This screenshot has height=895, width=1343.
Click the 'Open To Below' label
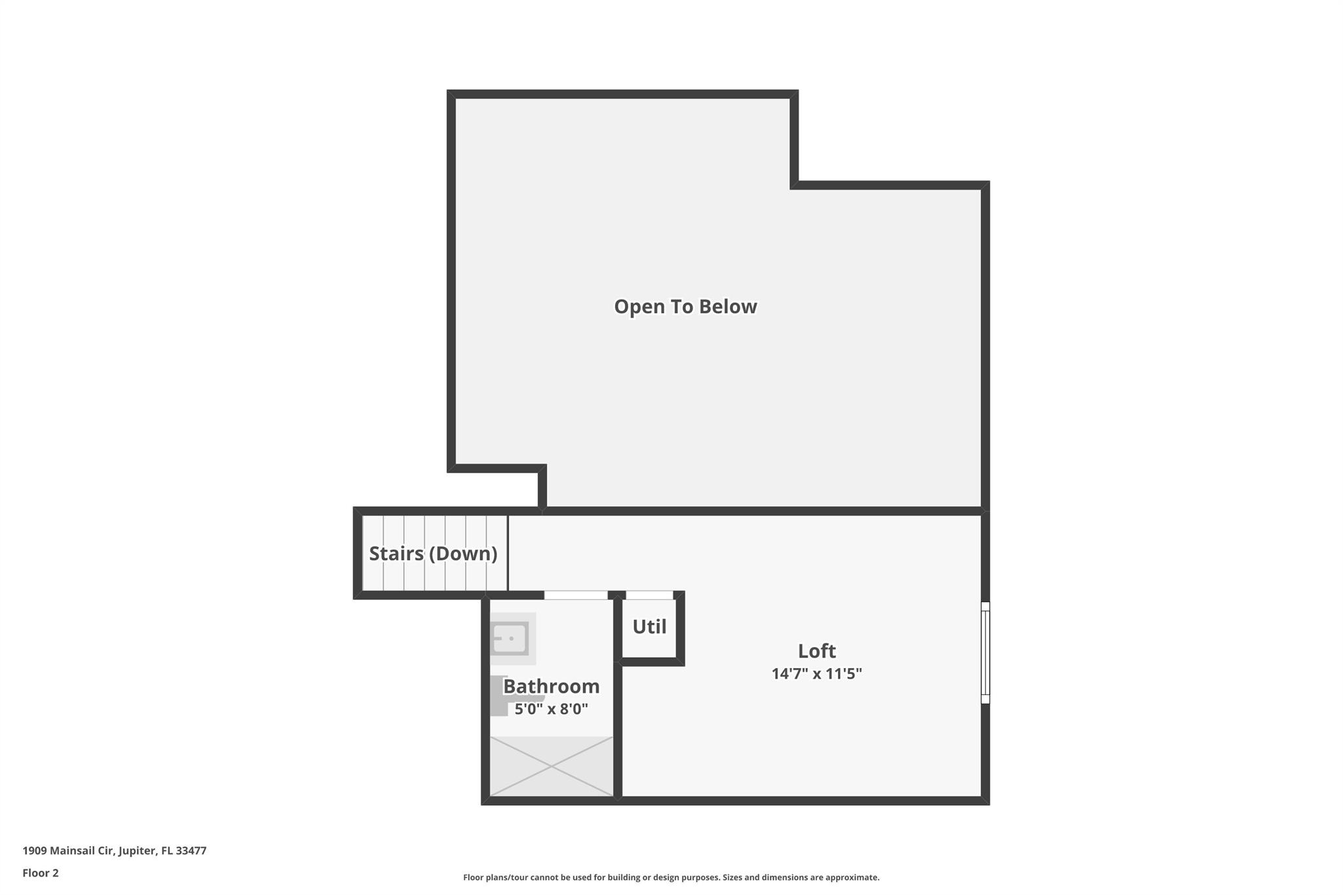coord(685,307)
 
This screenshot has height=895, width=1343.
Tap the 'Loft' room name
coord(816,651)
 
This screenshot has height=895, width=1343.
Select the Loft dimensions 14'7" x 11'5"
coord(816,674)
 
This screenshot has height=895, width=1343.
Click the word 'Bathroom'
coord(551,686)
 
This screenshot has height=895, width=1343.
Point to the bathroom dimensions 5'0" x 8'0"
coord(551,709)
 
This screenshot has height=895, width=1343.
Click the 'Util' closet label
coord(649,627)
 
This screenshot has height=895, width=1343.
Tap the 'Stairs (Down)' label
coord(433,553)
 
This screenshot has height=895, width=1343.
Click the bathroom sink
coord(510,638)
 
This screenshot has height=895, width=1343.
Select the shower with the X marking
coord(551,766)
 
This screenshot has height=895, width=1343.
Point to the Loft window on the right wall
coord(985,652)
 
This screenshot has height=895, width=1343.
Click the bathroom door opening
coord(576,595)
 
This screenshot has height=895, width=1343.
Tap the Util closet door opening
coord(649,595)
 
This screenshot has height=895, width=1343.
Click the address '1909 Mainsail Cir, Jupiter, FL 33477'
coord(115,851)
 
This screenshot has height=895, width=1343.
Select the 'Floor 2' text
coord(41,873)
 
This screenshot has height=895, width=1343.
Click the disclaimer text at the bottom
coord(671,877)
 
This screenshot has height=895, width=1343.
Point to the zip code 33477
coord(191,851)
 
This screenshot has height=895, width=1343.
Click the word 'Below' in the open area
coord(728,307)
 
